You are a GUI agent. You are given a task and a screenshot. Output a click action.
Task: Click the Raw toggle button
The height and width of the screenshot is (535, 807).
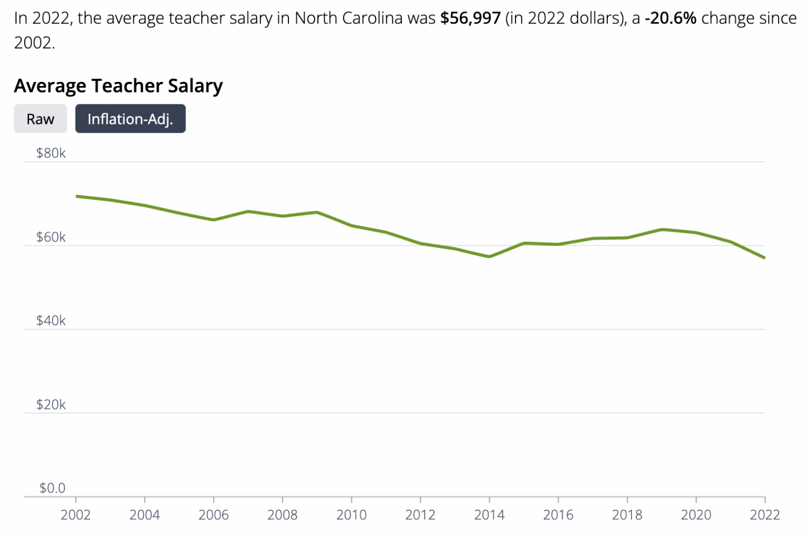click(x=40, y=119)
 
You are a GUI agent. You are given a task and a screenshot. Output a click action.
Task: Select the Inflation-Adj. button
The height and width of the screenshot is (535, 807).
click(x=130, y=119)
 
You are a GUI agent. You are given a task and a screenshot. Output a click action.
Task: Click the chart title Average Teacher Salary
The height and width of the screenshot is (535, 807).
click(x=118, y=86)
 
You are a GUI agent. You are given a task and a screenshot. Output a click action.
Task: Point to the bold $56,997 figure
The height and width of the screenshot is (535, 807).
click(x=470, y=18)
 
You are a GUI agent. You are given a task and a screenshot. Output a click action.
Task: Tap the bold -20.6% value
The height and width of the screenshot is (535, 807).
click(x=670, y=18)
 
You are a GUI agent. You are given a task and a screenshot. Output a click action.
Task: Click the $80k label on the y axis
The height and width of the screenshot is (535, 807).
click(x=51, y=153)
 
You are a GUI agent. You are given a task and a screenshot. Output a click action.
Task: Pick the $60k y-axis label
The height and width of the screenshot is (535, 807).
click(x=51, y=237)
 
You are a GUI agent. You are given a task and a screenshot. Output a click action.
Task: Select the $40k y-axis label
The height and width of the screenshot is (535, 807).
click(x=51, y=321)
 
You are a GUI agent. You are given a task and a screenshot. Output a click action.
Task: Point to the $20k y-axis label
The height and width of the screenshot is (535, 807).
click(x=51, y=405)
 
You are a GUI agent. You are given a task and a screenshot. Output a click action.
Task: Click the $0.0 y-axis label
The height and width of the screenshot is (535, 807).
click(x=53, y=488)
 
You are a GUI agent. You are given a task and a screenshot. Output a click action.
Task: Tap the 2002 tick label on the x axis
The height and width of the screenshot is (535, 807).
click(x=76, y=515)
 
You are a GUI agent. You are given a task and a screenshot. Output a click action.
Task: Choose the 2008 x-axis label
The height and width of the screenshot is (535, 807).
click(x=282, y=515)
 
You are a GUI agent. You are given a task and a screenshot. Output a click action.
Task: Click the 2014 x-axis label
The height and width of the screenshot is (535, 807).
click(x=489, y=515)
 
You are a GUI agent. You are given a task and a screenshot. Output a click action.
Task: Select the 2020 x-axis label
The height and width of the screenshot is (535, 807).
click(x=696, y=515)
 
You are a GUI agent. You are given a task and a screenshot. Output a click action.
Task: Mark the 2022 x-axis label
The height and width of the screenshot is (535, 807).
click(x=764, y=515)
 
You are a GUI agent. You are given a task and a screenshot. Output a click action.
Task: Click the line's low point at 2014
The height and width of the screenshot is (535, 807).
click(x=489, y=257)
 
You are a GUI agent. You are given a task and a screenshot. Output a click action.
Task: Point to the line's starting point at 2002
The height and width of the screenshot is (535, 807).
click(x=76, y=196)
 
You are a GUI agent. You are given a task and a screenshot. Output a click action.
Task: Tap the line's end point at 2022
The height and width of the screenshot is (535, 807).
click(x=764, y=258)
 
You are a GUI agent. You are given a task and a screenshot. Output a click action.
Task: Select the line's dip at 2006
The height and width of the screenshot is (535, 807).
click(x=214, y=220)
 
